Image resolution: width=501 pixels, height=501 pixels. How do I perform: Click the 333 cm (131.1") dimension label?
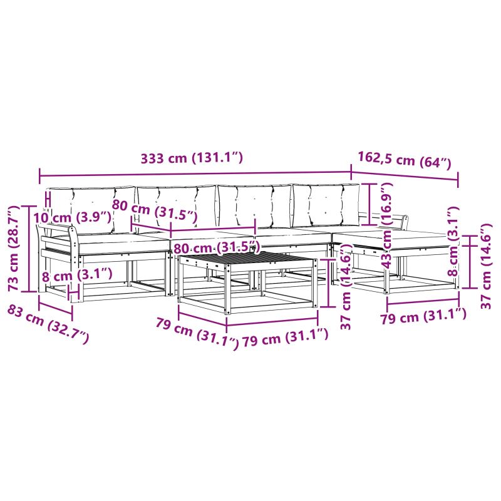pos(191,158)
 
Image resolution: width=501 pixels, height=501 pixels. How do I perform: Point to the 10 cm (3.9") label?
pos(72,217)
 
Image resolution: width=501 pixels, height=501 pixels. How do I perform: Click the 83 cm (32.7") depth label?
pos(48,323)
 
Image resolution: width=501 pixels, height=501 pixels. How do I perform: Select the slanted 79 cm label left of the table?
pos(197,333)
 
